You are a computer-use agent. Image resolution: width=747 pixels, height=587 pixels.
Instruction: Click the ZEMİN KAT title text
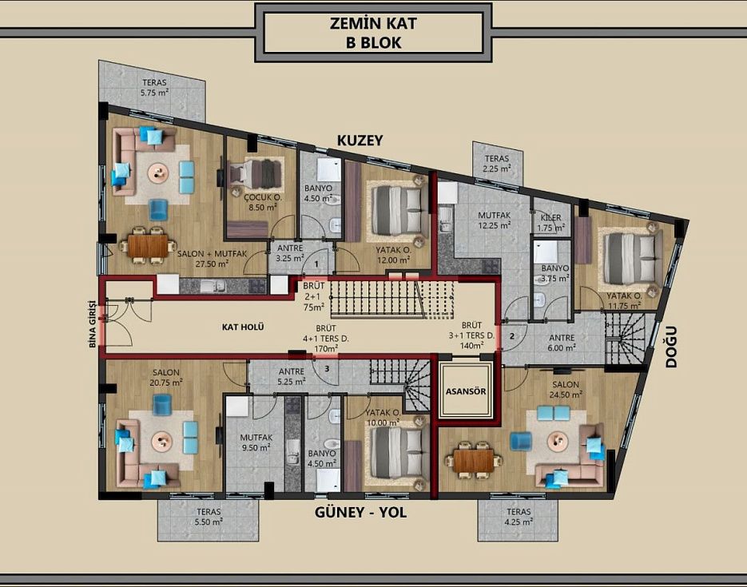[373, 23]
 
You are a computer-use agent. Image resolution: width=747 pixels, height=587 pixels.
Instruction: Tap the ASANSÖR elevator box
[466, 391]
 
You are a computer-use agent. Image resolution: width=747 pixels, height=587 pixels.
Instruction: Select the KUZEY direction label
[360, 141]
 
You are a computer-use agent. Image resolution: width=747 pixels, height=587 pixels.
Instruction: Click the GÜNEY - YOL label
[360, 512]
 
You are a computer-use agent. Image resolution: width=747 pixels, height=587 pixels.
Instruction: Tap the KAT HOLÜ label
[243, 327]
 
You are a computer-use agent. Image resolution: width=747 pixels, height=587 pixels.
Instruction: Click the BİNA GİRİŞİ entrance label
[93, 324]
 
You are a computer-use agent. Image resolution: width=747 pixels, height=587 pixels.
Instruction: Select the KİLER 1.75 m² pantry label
[551, 223]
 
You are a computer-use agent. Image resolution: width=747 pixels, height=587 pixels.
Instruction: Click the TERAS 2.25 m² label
[497, 163]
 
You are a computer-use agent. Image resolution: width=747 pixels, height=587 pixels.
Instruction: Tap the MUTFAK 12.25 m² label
[495, 220]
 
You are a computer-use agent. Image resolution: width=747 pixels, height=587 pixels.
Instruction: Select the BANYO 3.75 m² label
[555, 273]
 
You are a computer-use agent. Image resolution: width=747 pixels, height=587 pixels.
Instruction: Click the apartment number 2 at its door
[512, 336]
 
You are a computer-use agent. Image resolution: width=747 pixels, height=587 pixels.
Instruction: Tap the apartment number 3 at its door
[328, 368]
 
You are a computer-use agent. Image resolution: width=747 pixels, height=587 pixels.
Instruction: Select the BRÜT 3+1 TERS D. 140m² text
[471, 335]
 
